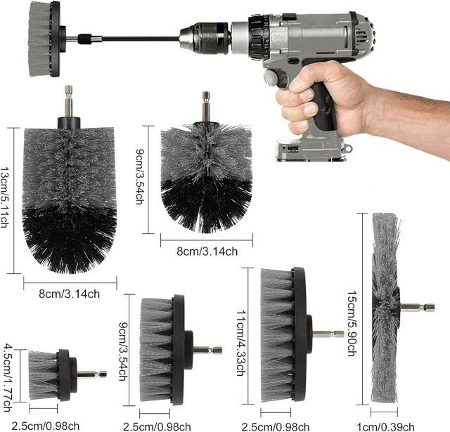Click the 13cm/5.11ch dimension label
pyautogui.click(x=4, y=197)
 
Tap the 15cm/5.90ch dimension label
pyautogui.click(x=352, y=324)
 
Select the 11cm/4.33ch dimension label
pyautogui.click(x=240, y=343)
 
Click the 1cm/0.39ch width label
pyautogui.click(x=385, y=427)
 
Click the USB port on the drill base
pyautogui.click(x=293, y=150)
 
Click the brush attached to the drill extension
pyautogui.click(x=44, y=39)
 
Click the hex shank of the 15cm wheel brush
pyautogui.click(x=417, y=307)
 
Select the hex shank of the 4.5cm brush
pyautogui.click(x=92, y=374)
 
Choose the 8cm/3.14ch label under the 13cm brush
pyautogui.click(x=69, y=294)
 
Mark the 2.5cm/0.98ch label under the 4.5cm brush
pyautogui.click(x=45, y=426)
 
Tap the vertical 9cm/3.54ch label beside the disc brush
pyautogui.click(x=123, y=351)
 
